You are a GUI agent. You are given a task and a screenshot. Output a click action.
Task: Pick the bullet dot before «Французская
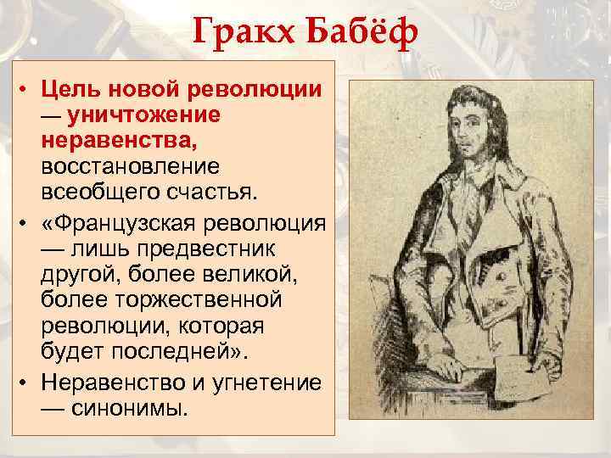[28, 222]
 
